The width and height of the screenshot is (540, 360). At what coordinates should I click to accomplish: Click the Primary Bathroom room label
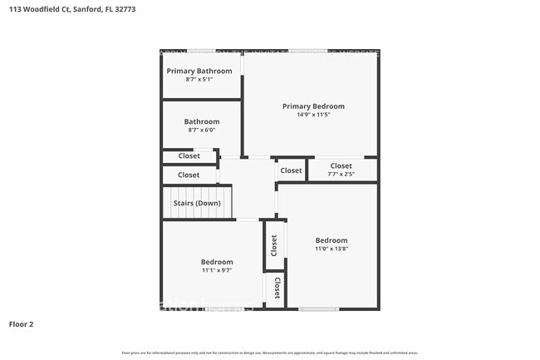[x=199, y=72]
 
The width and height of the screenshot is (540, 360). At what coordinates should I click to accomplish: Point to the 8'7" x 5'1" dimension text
[x=199, y=80]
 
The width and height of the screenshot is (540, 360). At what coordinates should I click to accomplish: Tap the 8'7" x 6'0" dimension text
[x=202, y=131]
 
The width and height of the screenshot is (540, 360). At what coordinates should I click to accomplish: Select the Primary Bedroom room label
[x=313, y=106]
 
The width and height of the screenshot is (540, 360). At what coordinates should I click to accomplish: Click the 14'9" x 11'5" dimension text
[x=313, y=115]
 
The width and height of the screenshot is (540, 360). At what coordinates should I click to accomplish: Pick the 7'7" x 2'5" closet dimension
[x=341, y=175]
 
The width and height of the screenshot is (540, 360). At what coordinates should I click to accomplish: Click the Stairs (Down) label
[x=197, y=204]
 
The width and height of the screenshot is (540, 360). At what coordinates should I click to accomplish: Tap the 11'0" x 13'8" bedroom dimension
[x=331, y=249]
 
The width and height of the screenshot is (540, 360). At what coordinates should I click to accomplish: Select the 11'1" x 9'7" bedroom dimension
[x=217, y=270]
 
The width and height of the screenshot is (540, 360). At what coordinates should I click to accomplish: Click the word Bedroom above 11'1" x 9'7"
[x=217, y=262]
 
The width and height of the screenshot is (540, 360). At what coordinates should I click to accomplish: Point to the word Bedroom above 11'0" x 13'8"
[x=331, y=240]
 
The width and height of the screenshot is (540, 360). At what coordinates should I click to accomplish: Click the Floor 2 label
[x=21, y=324]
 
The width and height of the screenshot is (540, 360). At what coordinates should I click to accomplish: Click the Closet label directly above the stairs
[x=189, y=175]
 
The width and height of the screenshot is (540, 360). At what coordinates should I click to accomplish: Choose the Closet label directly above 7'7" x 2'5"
[x=341, y=166]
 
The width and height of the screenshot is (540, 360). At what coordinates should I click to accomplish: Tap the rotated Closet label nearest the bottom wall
[x=277, y=288]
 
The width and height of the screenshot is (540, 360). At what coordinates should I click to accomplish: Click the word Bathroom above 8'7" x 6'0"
[x=202, y=122]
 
